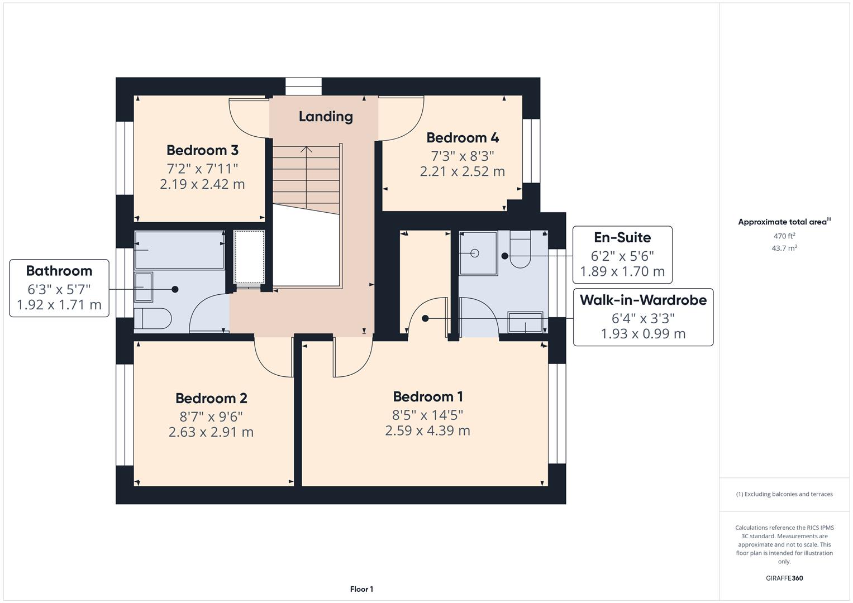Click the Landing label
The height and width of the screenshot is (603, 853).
(x=326, y=117)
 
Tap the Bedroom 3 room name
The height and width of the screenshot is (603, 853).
(x=202, y=150)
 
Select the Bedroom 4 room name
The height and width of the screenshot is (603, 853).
(x=463, y=138)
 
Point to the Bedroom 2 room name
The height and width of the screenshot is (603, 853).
(x=211, y=398)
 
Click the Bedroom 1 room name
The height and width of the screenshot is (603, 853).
(x=428, y=397)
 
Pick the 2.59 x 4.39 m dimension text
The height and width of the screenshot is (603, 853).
(x=427, y=431)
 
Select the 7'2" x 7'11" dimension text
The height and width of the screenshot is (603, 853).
(x=202, y=168)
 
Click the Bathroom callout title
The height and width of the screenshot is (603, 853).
(x=59, y=271)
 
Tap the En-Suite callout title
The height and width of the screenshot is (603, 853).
(x=622, y=238)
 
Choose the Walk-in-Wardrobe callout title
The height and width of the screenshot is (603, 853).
(x=643, y=300)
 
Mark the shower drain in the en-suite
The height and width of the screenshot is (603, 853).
(x=475, y=253)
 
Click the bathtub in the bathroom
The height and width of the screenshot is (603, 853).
(x=179, y=250)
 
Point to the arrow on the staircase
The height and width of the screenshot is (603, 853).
(x=306, y=150)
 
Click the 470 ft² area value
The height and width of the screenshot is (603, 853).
(x=784, y=236)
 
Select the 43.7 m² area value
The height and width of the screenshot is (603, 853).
(x=784, y=248)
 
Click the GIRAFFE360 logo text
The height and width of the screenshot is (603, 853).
(x=784, y=578)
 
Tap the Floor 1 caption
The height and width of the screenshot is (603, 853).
(x=361, y=589)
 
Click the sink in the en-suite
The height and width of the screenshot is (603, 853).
(x=525, y=323)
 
